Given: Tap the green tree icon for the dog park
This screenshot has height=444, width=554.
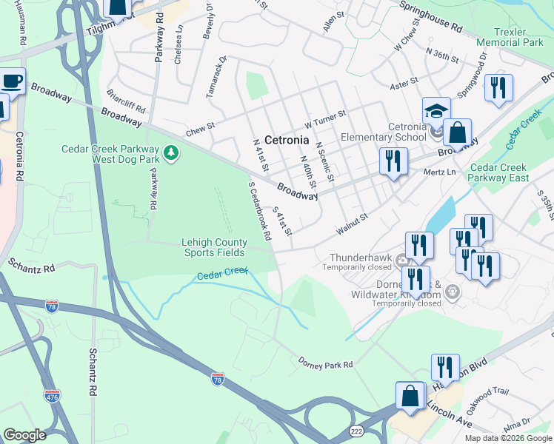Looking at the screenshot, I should (172, 152).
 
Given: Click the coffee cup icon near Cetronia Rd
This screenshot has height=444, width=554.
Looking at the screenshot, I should (10, 81).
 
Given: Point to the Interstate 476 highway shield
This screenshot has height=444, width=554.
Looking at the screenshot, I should (51, 396).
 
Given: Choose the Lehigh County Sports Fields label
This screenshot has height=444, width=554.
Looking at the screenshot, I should (216, 247).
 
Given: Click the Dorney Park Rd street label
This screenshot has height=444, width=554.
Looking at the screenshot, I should (326, 363).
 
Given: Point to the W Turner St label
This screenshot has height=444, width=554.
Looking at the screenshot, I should (325, 115).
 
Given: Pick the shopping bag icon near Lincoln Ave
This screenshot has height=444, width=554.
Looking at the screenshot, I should (410, 396).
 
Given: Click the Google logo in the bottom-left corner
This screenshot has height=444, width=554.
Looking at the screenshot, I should (24, 435).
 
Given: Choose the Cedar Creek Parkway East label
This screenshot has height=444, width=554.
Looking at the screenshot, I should (498, 172).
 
